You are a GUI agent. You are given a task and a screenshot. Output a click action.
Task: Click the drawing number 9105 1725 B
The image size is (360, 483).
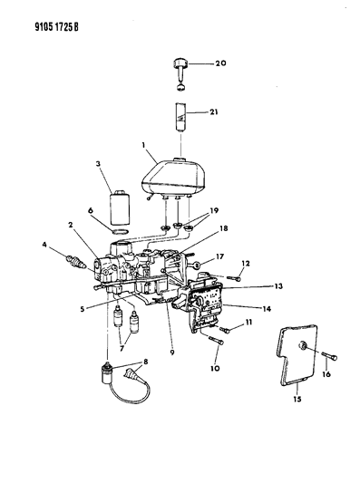[56, 27]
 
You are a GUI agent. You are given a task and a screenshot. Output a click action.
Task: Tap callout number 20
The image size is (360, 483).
[220, 63]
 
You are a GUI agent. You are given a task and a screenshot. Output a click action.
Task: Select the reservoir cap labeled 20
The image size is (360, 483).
[180, 74]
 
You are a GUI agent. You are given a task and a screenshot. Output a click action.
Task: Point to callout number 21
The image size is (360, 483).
[214, 111]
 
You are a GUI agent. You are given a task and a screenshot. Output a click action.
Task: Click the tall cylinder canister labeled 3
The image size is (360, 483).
[120, 208]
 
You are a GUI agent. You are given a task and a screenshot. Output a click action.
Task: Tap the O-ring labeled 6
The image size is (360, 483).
[120, 232]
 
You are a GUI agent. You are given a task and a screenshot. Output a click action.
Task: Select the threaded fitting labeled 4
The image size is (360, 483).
[74, 261]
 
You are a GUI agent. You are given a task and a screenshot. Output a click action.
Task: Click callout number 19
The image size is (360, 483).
[214, 211]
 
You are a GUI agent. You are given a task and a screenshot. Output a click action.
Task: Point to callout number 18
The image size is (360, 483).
[223, 228]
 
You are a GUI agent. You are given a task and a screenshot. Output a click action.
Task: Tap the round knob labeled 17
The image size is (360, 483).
[198, 264]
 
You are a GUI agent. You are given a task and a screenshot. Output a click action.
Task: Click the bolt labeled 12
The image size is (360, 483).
[233, 278]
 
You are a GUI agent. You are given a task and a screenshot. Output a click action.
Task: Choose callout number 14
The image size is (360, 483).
[267, 308]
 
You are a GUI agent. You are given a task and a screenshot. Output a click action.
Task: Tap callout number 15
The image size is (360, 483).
[297, 400]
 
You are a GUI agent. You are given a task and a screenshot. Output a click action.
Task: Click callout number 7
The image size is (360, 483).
[122, 348]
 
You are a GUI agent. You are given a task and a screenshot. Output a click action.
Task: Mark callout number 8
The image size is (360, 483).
[145, 362]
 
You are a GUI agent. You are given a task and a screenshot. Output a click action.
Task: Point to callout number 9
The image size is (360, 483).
[172, 353]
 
